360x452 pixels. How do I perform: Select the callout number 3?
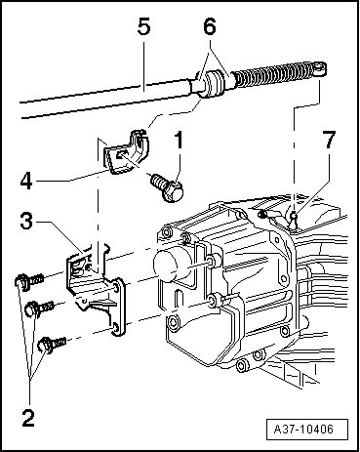(x=26, y=221)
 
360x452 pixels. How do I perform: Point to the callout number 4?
(x=26, y=181)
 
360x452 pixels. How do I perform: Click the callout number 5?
(x=144, y=25)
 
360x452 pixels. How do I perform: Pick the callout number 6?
(x=210, y=25)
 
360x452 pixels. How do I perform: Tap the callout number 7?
(x=330, y=140)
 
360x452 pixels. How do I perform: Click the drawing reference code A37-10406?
(x=303, y=429)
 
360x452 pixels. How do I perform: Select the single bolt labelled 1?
(x=167, y=187)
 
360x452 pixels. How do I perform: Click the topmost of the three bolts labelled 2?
(x=28, y=280)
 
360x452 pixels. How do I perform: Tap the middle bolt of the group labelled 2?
(x=39, y=308)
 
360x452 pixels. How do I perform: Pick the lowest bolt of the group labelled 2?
(x=52, y=345)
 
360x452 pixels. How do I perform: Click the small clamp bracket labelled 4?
(x=126, y=151)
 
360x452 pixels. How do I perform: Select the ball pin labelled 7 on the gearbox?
(x=294, y=221)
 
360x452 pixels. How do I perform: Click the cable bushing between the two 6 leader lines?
(x=212, y=85)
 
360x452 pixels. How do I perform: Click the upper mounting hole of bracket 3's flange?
(x=115, y=287)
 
